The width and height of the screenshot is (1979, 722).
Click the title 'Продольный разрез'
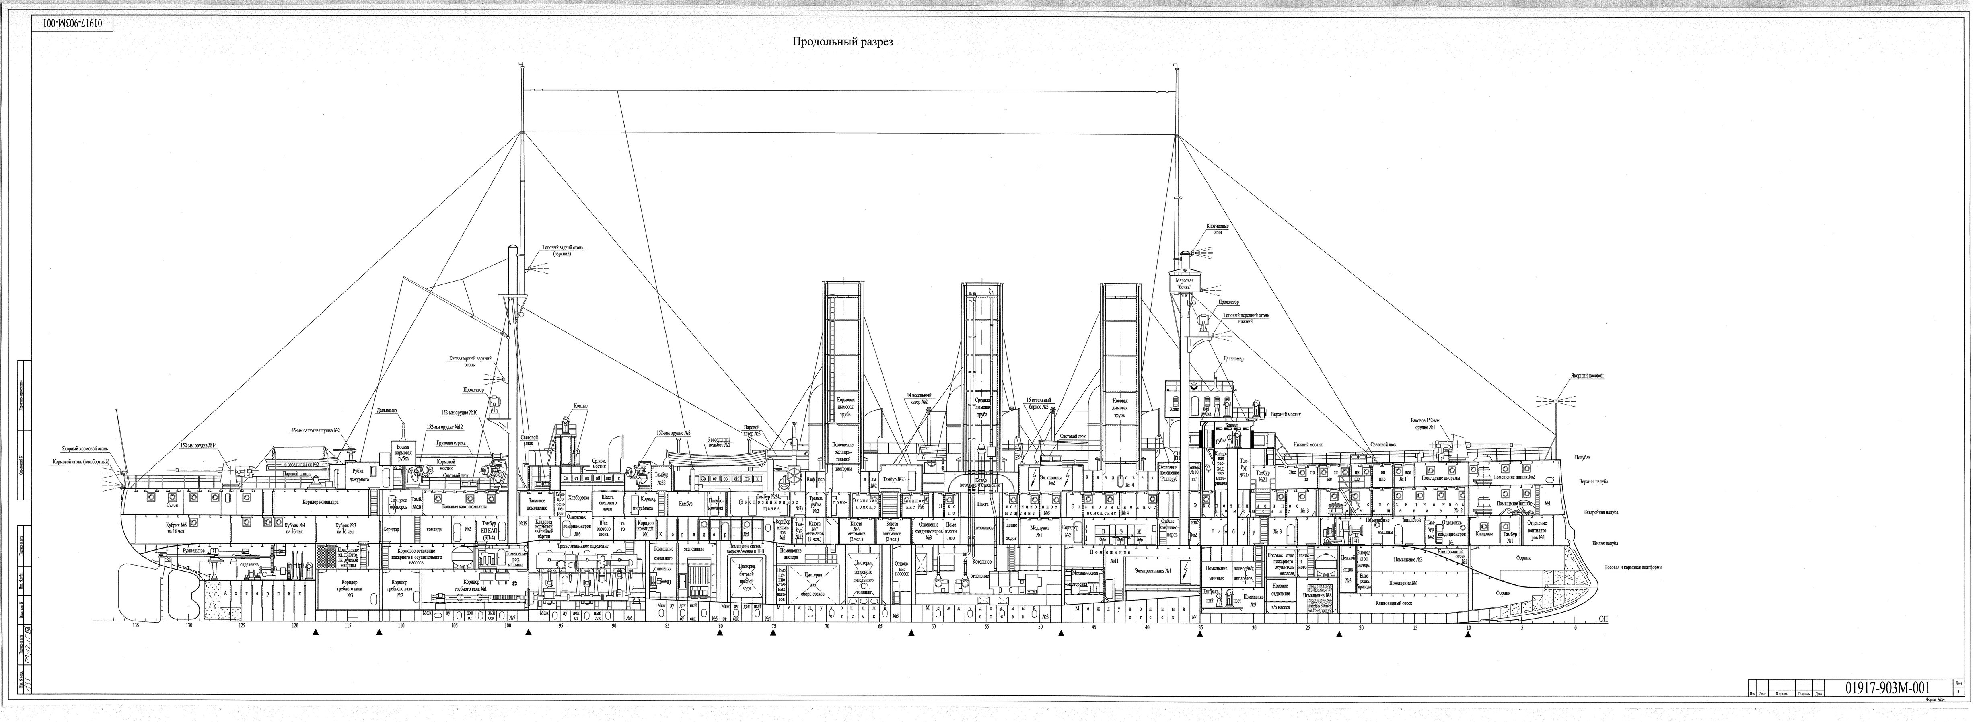pyautogui.click(x=843, y=42)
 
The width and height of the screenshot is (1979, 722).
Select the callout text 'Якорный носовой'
pyautogui.click(x=1585, y=376)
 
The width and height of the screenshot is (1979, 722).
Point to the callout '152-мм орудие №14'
pyautogui.click(x=198, y=445)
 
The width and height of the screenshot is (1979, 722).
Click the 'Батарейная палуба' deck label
pyautogui.click(x=1602, y=511)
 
